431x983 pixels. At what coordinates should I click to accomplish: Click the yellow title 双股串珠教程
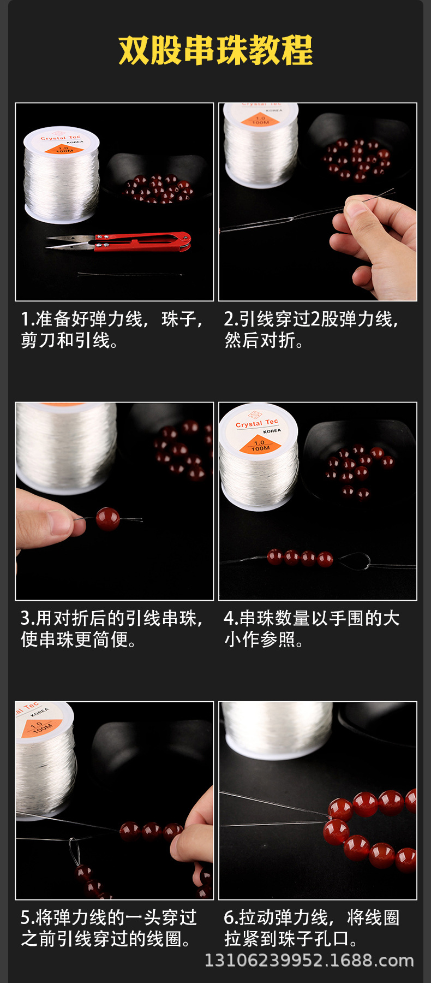[x=215, y=50]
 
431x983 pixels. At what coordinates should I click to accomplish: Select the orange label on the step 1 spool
[x=63, y=148]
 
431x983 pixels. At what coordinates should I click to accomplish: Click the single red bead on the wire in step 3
[x=107, y=519]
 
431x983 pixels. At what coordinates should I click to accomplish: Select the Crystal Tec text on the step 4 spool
[x=256, y=423]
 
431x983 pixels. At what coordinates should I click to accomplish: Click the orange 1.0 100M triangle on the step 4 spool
[x=260, y=445]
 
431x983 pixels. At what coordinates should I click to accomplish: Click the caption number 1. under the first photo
[x=27, y=319]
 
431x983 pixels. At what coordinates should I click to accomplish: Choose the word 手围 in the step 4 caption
[x=347, y=618]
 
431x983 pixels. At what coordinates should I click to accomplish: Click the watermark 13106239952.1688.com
[x=309, y=961]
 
